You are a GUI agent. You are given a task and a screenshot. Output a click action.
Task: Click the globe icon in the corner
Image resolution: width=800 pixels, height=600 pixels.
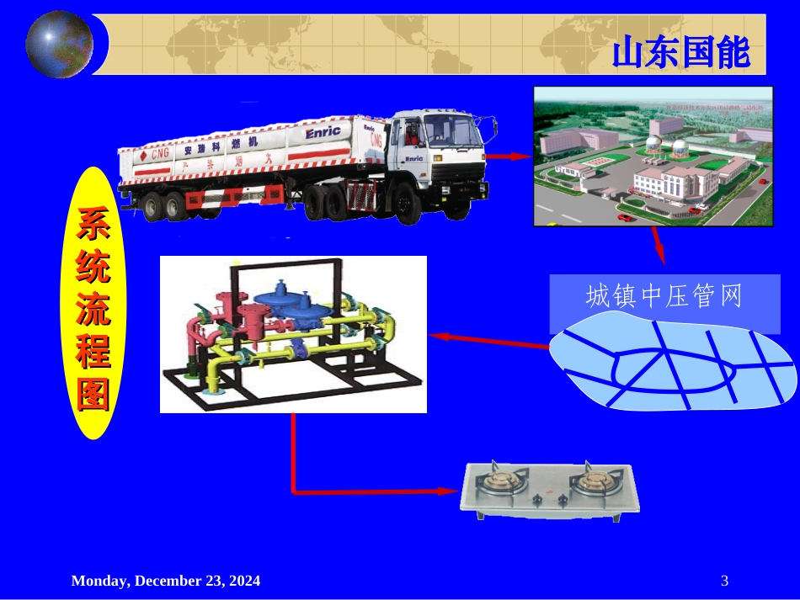pos(59,44)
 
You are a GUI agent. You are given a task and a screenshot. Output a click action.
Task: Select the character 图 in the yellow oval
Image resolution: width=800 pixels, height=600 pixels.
pos(93,394)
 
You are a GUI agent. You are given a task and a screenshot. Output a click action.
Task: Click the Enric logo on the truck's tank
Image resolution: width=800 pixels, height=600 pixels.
pos(323,132)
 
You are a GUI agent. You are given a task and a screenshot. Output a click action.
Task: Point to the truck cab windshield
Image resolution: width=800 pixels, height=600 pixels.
pos(445,129)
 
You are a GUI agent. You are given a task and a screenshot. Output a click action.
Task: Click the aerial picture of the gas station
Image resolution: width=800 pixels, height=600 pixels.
pos(653,156)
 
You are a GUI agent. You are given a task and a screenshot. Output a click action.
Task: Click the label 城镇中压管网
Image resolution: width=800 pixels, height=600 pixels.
pos(664,296)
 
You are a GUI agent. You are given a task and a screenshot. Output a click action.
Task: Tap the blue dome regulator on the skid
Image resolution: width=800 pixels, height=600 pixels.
pos(283,295)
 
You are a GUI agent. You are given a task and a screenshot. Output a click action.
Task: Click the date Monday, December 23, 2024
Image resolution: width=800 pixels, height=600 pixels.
pos(166,581)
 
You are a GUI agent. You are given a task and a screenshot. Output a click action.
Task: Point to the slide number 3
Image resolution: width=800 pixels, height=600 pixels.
pos(725,581)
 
